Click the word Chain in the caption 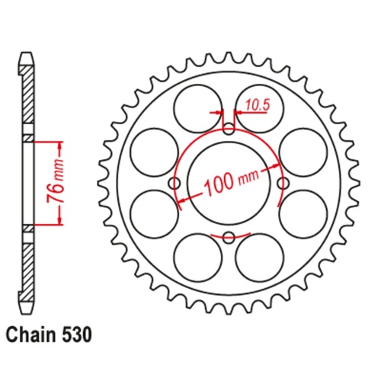30,335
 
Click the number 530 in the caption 78,335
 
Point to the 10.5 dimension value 257,107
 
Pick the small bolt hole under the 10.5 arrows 229,128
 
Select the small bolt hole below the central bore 229,238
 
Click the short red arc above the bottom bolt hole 229,228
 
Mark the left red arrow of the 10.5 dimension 219,113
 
